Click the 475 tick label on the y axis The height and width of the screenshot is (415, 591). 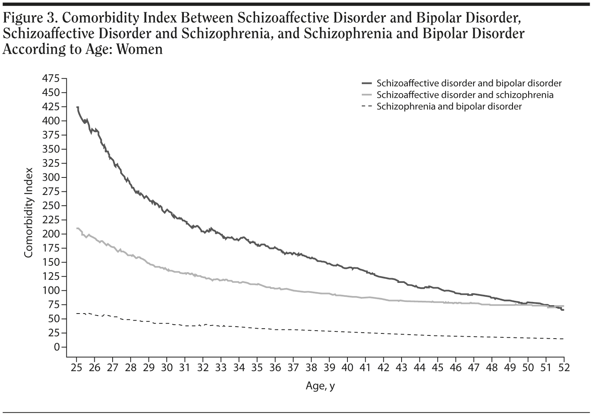pyautogui.click(x=51, y=78)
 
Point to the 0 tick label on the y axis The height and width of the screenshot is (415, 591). pyautogui.click(x=57, y=347)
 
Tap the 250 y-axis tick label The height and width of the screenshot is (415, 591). pyautogui.click(x=51, y=206)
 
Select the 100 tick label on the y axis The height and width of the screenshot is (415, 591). pyautogui.click(x=51, y=290)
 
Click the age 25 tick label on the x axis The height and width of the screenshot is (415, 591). pyautogui.click(x=76, y=367)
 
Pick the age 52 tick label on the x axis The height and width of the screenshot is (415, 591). pyautogui.click(x=564, y=367)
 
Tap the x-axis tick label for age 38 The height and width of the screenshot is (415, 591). pyautogui.click(x=311, y=367)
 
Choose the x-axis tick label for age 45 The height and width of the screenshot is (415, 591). pyautogui.click(x=437, y=367)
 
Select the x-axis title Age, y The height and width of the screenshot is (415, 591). pyautogui.click(x=320, y=386)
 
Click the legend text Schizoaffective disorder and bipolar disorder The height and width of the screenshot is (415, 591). pyautogui.click(x=469, y=83)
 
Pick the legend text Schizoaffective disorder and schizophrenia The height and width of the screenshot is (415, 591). pyautogui.click(x=465, y=95)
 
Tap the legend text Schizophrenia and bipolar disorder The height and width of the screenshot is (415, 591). pyautogui.click(x=449, y=106)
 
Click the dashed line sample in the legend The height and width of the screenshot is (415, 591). pyautogui.click(x=366, y=106)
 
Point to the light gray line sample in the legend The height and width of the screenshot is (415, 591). pyautogui.click(x=366, y=95)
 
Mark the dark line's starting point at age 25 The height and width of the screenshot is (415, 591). pyautogui.click(x=77, y=107)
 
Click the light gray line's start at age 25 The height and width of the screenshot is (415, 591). pyautogui.click(x=77, y=228)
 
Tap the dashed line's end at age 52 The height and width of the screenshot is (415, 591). pyautogui.click(x=563, y=339)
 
